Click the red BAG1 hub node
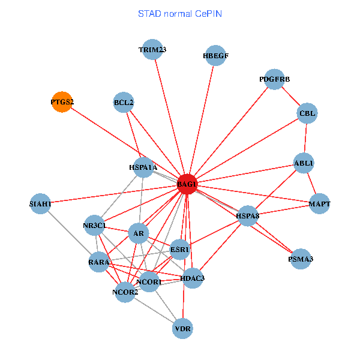pyautogui.click(x=187, y=184)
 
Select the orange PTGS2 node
pyautogui.click(x=62, y=102)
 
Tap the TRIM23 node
pyautogui.click(x=152, y=50)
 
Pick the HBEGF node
pyautogui.click(x=215, y=56)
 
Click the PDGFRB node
pyautogui.click(x=274, y=79)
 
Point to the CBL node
pyautogui.click(x=307, y=113)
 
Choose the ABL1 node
pyautogui.click(x=304, y=163)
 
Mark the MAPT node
pyautogui.click(x=320, y=205)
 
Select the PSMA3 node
pyautogui.click(x=301, y=259)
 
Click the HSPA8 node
pyautogui.click(x=247, y=216)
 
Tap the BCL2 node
pyautogui.click(x=123, y=102)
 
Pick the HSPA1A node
pyautogui.click(x=143, y=167)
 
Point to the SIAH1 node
pyautogui.click(x=41, y=204)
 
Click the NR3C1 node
pyautogui.click(x=95, y=226)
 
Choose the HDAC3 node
pyautogui.click(x=192, y=278)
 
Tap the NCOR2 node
pyautogui.click(x=125, y=292)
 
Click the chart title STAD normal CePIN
pyautogui.click(x=180, y=13)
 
